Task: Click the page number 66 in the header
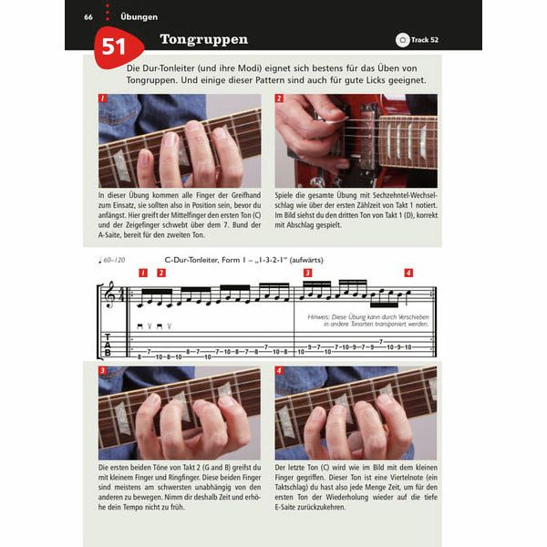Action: coord(88,16)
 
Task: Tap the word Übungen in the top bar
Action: coord(139,16)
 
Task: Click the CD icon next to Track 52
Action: coord(402,39)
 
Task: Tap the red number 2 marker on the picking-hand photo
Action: coord(280,98)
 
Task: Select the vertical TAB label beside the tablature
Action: coord(107,346)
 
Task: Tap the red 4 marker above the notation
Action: coord(408,273)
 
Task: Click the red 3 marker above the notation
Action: coord(307,273)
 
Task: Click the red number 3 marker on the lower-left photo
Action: coord(103,371)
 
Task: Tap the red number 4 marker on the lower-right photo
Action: coord(280,371)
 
